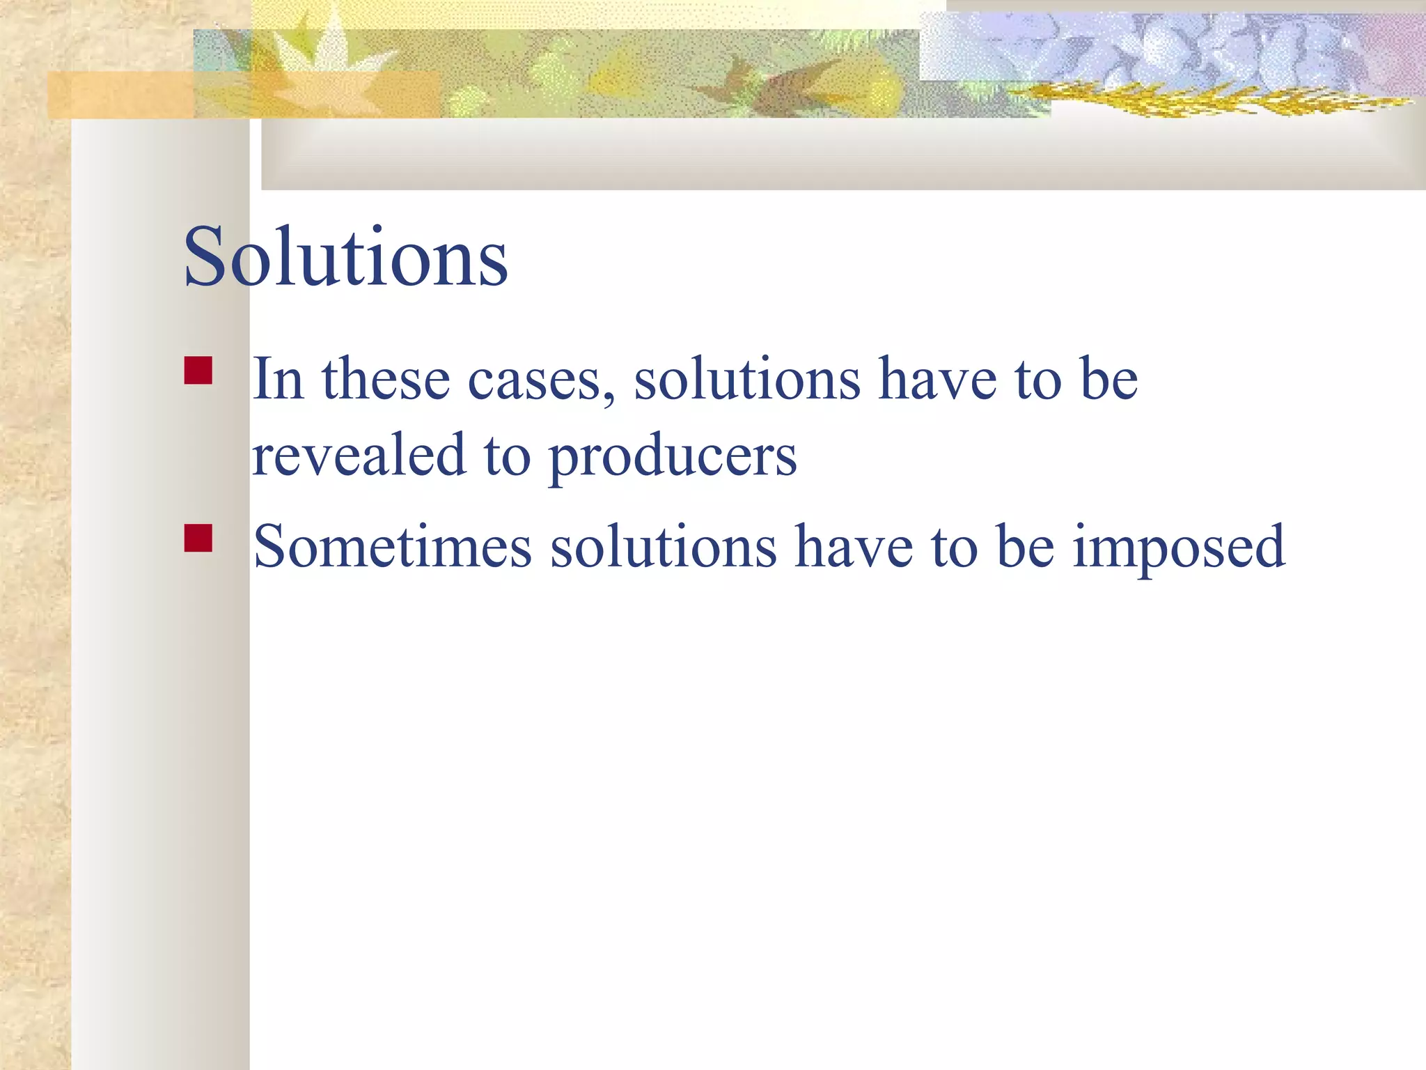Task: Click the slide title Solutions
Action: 345,257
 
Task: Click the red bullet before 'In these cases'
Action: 198,371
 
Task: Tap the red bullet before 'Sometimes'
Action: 198,538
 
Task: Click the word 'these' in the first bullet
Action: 386,380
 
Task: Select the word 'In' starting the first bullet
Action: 278,380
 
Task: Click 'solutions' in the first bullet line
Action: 747,380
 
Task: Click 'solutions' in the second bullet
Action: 664,547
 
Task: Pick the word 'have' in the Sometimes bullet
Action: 854,547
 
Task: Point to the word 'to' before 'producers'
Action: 507,456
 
